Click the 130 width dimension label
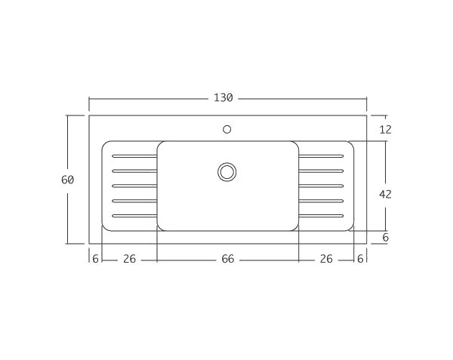click(224, 98)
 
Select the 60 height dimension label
click(67, 180)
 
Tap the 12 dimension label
click(385, 129)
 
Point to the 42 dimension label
click(385, 194)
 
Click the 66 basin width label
click(227, 259)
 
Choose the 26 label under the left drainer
click(129, 259)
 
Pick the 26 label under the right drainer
click(326, 259)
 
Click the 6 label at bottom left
click(95, 259)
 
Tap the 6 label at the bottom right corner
click(360, 259)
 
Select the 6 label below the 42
click(385, 237)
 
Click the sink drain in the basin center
click(227, 171)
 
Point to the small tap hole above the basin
click(226, 128)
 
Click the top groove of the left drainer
click(134, 156)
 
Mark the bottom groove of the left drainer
click(134, 217)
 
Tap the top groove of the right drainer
click(322, 156)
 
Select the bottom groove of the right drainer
click(322, 217)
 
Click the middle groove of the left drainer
click(134, 186)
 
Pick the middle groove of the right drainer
click(322, 186)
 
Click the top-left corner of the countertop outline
click(89, 115)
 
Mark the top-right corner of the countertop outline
click(367, 115)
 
